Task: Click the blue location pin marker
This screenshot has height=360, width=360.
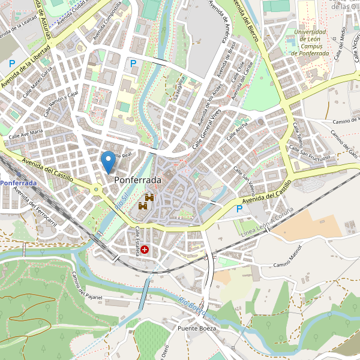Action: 108,161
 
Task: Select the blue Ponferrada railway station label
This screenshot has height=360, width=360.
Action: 18,182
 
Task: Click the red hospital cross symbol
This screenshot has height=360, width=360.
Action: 145,249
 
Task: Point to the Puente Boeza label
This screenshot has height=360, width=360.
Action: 196,329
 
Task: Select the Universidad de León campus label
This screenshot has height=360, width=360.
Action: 310,42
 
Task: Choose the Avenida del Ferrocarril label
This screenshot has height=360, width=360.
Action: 35,207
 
